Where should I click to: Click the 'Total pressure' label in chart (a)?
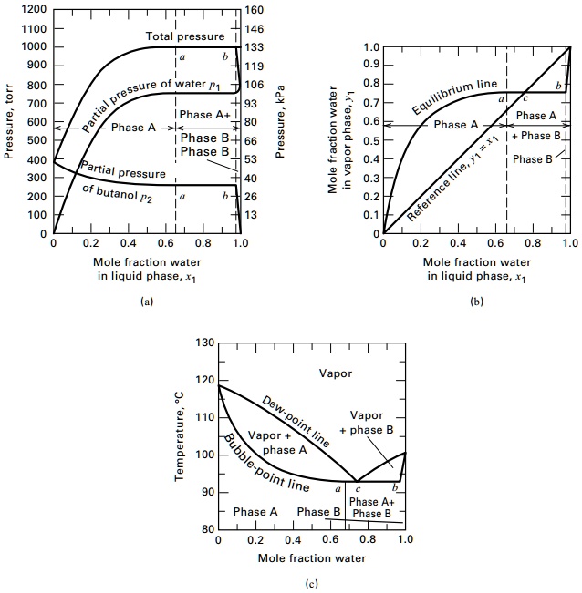pos(183,36)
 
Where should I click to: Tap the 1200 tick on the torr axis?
pos(32,9)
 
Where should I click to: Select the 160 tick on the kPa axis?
pos(255,10)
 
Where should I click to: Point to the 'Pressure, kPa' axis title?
pos(280,121)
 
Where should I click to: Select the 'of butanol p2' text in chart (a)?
pos(118,190)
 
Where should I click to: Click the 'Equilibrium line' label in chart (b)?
pos(454,97)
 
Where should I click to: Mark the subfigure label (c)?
pos(312,584)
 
